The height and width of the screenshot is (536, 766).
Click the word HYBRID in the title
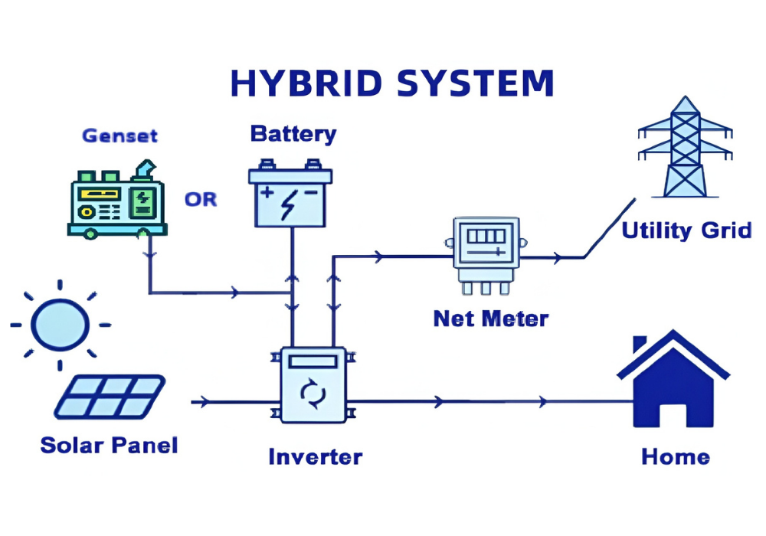(306, 83)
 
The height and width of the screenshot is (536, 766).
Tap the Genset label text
(119, 136)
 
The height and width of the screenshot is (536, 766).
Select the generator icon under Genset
(116, 201)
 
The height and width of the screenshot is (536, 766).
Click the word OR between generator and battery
(201, 200)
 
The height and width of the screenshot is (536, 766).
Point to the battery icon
(291, 195)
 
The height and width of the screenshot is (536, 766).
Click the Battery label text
(293, 134)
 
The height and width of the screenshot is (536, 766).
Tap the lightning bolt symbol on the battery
(290, 204)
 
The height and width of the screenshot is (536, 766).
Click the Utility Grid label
(686, 230)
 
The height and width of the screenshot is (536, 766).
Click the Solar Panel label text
(109, 445)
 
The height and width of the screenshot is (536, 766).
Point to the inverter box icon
(313, 386)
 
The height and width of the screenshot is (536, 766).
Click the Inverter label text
(315, 457)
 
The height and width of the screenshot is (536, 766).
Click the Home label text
(675, 457)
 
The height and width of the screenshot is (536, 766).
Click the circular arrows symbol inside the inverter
(313, 394)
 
